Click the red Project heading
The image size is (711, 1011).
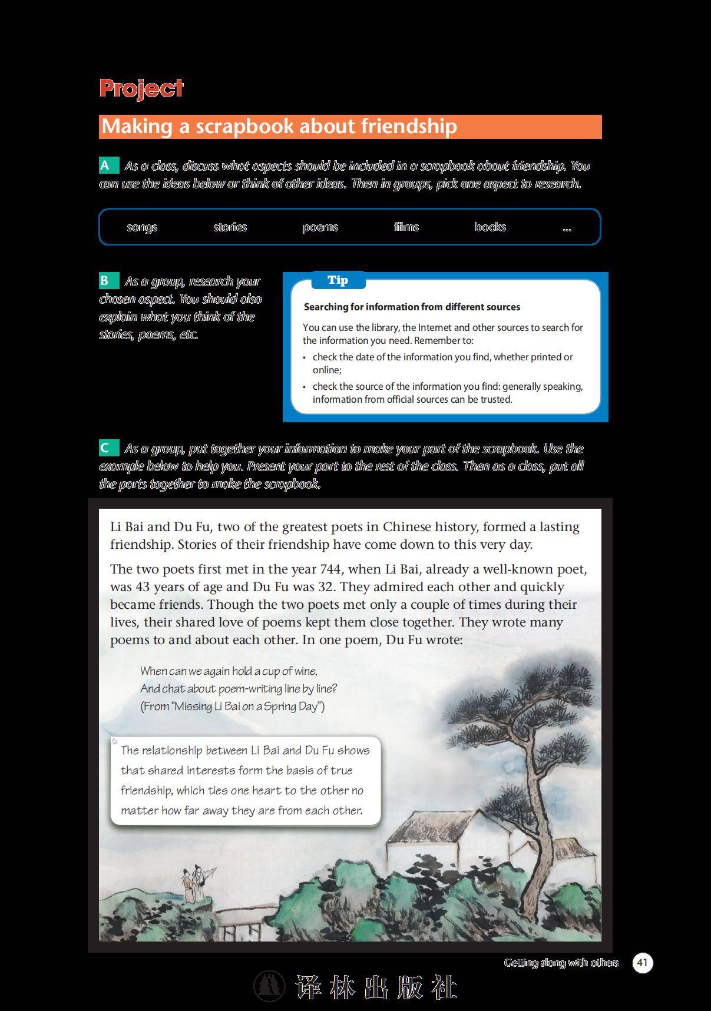(x=141, y=88)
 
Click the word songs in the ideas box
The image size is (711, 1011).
(x=142, y=227)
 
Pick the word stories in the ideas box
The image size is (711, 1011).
(x=230, y=227)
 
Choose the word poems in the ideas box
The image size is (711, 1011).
(x=320, y=227)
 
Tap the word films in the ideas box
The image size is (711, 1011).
(x=406, y=227)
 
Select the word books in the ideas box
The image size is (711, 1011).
(x=490, y=227)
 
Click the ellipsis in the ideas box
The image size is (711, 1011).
(x=567, y=228)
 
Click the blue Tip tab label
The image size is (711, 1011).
(x=338, y=280)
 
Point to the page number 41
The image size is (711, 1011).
(x=642, y=963)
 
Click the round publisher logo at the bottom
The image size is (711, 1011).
(x=269, y=986)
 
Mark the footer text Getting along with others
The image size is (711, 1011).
(x=561, y=963)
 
